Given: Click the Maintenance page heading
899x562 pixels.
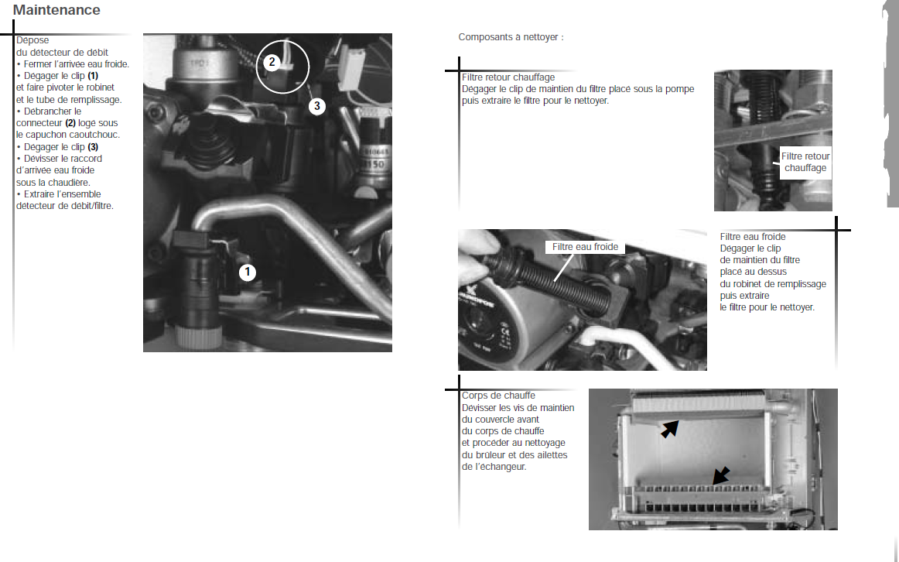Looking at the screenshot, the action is pyautogui.click(x=56, y=10).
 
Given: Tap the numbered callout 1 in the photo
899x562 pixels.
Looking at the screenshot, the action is pyautogui.click(x=247, y=272).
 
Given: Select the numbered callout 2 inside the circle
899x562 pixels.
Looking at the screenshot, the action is pyautogui.click(x=272, y=62).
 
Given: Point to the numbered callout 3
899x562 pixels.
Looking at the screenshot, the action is pyautogui.click(x=317, y=106).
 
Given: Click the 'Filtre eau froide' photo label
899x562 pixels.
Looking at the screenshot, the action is pyautogui.click(x=585, y=247).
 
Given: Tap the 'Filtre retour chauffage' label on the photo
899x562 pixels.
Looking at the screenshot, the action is pyautogui.click(x=805, y=162).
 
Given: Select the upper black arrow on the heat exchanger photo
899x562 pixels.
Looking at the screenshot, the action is pyautogui.click(x=669, y=429).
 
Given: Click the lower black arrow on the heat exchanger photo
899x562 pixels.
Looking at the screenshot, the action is pyautogui.click(x=721, y=475).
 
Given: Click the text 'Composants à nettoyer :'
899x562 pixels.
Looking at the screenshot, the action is pyautogui.click(x=511, y=37).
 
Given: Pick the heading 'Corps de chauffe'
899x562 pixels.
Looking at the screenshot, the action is pyautogui.click(x=498, y=396).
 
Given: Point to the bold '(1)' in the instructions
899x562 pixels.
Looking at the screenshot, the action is pyautogui.click(x=93, y=76).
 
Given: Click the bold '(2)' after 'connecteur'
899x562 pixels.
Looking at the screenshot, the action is pyautogui.click(x=70, y=123).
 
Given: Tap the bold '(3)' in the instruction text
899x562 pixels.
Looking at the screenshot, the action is pyautogui.click(x=93, y=147).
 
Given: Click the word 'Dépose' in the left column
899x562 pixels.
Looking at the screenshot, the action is pyautogui.click(x=32, y=40).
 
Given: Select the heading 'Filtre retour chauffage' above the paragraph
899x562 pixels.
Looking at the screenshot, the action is pyautogui.click(x=508, y=77).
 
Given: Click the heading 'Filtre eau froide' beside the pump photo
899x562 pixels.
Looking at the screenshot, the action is pyautogui.click(x=753, y=237).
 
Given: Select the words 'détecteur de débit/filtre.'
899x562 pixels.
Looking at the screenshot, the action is pyautogui.click(x=65, y=206).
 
